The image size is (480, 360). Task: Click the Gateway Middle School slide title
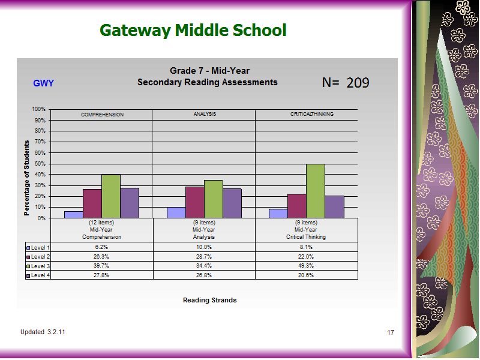coord(193,31)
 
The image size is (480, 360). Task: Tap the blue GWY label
coord(43,83)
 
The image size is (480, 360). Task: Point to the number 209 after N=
coord(358,83)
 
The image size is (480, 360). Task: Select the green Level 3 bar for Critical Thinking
coord(316,191)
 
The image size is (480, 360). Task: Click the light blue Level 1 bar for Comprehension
coord(74,215)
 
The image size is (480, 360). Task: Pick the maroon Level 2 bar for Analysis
coord(195,202)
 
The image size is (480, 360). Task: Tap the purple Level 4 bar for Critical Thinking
coord(335,207)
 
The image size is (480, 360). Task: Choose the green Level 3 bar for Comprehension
coord(111,197)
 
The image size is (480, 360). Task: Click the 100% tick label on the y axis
coord(38,109)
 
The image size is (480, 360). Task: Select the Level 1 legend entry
coord(38,248)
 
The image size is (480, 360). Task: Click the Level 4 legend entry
coord(38,275)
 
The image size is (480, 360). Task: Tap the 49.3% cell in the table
coord(306,266)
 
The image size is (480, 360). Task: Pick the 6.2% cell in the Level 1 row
coord(101,247)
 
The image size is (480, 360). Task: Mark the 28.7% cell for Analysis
coord(204,257)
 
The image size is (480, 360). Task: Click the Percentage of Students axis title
coord(26,178)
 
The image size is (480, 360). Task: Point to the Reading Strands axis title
coord(209,301)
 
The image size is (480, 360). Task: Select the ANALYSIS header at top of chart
coord(205,114)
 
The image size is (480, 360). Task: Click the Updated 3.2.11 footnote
coord(43,332)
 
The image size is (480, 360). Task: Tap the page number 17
coord(391,332)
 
